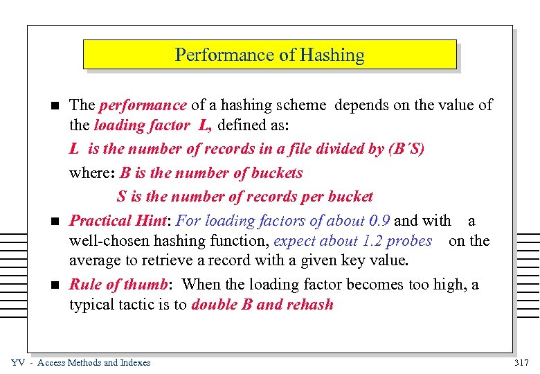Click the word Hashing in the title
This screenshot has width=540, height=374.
[337, 55]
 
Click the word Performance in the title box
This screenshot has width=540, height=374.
[215, 55]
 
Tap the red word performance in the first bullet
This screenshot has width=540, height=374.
[143, 105]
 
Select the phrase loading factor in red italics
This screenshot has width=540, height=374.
[141, 126]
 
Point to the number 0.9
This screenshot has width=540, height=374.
[379, 221]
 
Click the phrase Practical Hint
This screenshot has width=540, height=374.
[120, 221]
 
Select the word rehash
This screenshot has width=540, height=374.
[308, 305]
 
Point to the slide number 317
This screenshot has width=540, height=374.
[521, 362]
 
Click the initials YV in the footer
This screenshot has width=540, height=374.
[19, 362]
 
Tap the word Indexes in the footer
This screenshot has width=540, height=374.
[134, 362]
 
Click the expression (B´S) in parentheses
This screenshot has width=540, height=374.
[406, 149]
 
